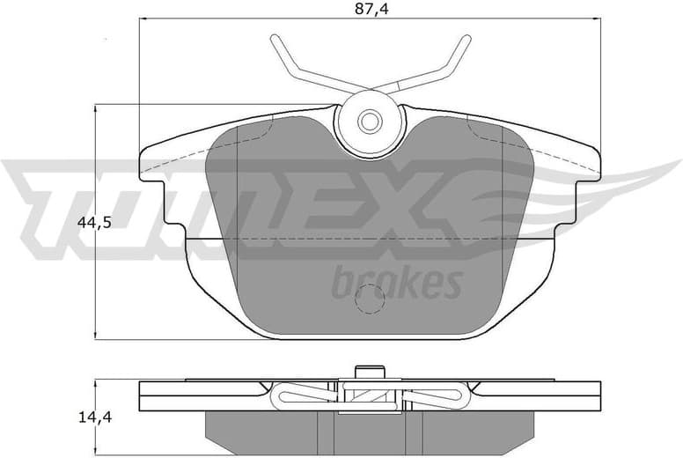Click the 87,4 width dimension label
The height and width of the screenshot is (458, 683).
point(370,10)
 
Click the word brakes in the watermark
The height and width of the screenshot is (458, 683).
point(397,284)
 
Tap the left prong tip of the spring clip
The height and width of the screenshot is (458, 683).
point(275,40)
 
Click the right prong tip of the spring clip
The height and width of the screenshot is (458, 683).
point(465,40)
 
